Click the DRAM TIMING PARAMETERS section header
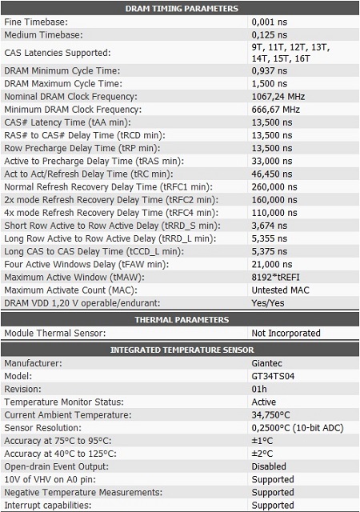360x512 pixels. (x=182, y=9)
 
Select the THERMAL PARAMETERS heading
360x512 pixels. (x=182, y=319)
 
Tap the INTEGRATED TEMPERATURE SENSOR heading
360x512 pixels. (x=182, y=350)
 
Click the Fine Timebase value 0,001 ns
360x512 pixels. (x=269, y=22)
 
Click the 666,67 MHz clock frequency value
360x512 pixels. (x=275, y=110)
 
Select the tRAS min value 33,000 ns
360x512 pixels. (x=274, y=161)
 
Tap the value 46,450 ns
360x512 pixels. (x=274, y=174)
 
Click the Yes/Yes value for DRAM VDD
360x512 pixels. (x=269, y=302)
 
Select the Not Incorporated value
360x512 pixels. (x=286, y=333)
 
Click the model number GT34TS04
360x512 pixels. (x=274, y=376)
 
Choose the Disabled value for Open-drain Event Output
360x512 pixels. (x=269, y=466)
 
